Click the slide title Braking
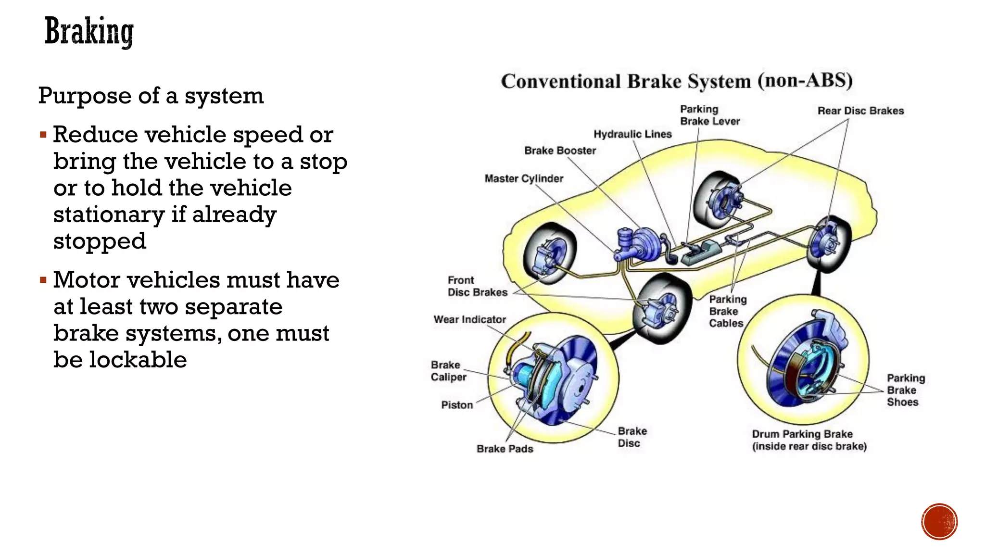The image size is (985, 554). [x=89, y=32]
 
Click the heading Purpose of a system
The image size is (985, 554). [x=151, y=96]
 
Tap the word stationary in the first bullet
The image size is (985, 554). [x=109, y=214]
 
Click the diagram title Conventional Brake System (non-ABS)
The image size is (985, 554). [x=677, y=81]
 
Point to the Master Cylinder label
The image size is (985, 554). [x=524, y=178]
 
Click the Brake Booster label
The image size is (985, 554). [x=560, y=151]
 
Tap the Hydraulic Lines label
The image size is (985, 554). [x=632, y=134]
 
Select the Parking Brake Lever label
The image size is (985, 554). [x=709, y=115]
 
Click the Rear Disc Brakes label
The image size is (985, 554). [x=860, y=111]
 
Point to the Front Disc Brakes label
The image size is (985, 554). [x=477, y=286]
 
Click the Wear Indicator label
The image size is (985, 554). [x=469, y=319]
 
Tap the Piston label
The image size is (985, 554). [x=457, y=405]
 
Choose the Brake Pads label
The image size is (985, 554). [x=505, y=449]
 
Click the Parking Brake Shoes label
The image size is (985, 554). [x=905, y=390]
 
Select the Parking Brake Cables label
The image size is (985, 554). [x=727, y=311]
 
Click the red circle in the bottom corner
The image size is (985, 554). [x=939, y=522]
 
